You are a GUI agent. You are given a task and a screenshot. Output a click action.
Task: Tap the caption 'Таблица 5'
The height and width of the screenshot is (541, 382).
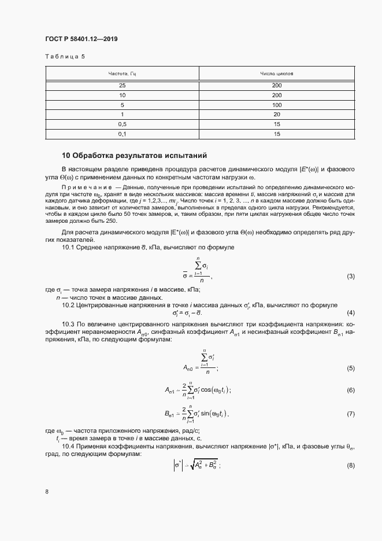coord(64,56)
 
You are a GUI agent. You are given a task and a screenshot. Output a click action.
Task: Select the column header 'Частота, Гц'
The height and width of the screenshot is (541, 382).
coord(122,74)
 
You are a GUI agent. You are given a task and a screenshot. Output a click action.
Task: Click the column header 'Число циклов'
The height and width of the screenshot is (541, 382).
coord(277,74)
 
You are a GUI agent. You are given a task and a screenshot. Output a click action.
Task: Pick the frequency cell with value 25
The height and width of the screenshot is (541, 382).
coord(122,85)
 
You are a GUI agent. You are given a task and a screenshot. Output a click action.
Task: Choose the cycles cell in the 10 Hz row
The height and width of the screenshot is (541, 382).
coord(277,95)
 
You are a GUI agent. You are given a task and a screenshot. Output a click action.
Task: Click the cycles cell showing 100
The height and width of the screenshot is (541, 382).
coord(277,105)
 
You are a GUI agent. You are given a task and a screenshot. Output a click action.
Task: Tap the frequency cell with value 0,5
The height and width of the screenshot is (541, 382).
coord(122,124)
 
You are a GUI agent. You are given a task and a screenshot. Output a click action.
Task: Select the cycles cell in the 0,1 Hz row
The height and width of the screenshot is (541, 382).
coord(277,134)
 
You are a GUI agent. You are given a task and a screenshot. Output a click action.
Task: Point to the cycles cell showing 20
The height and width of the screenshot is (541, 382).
coord(277,115)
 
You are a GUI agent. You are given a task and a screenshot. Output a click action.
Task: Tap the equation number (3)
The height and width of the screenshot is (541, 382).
coord(350,277)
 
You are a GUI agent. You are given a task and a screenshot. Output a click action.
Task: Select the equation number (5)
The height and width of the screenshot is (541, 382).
coord(350,369)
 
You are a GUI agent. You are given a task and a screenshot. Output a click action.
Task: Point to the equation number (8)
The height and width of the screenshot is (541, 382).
coord(350,466)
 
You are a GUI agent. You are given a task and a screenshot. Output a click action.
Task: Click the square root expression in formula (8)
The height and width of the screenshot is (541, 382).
coord(204,465)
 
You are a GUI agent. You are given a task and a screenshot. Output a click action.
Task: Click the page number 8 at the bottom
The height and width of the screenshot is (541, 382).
coord(47,492)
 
